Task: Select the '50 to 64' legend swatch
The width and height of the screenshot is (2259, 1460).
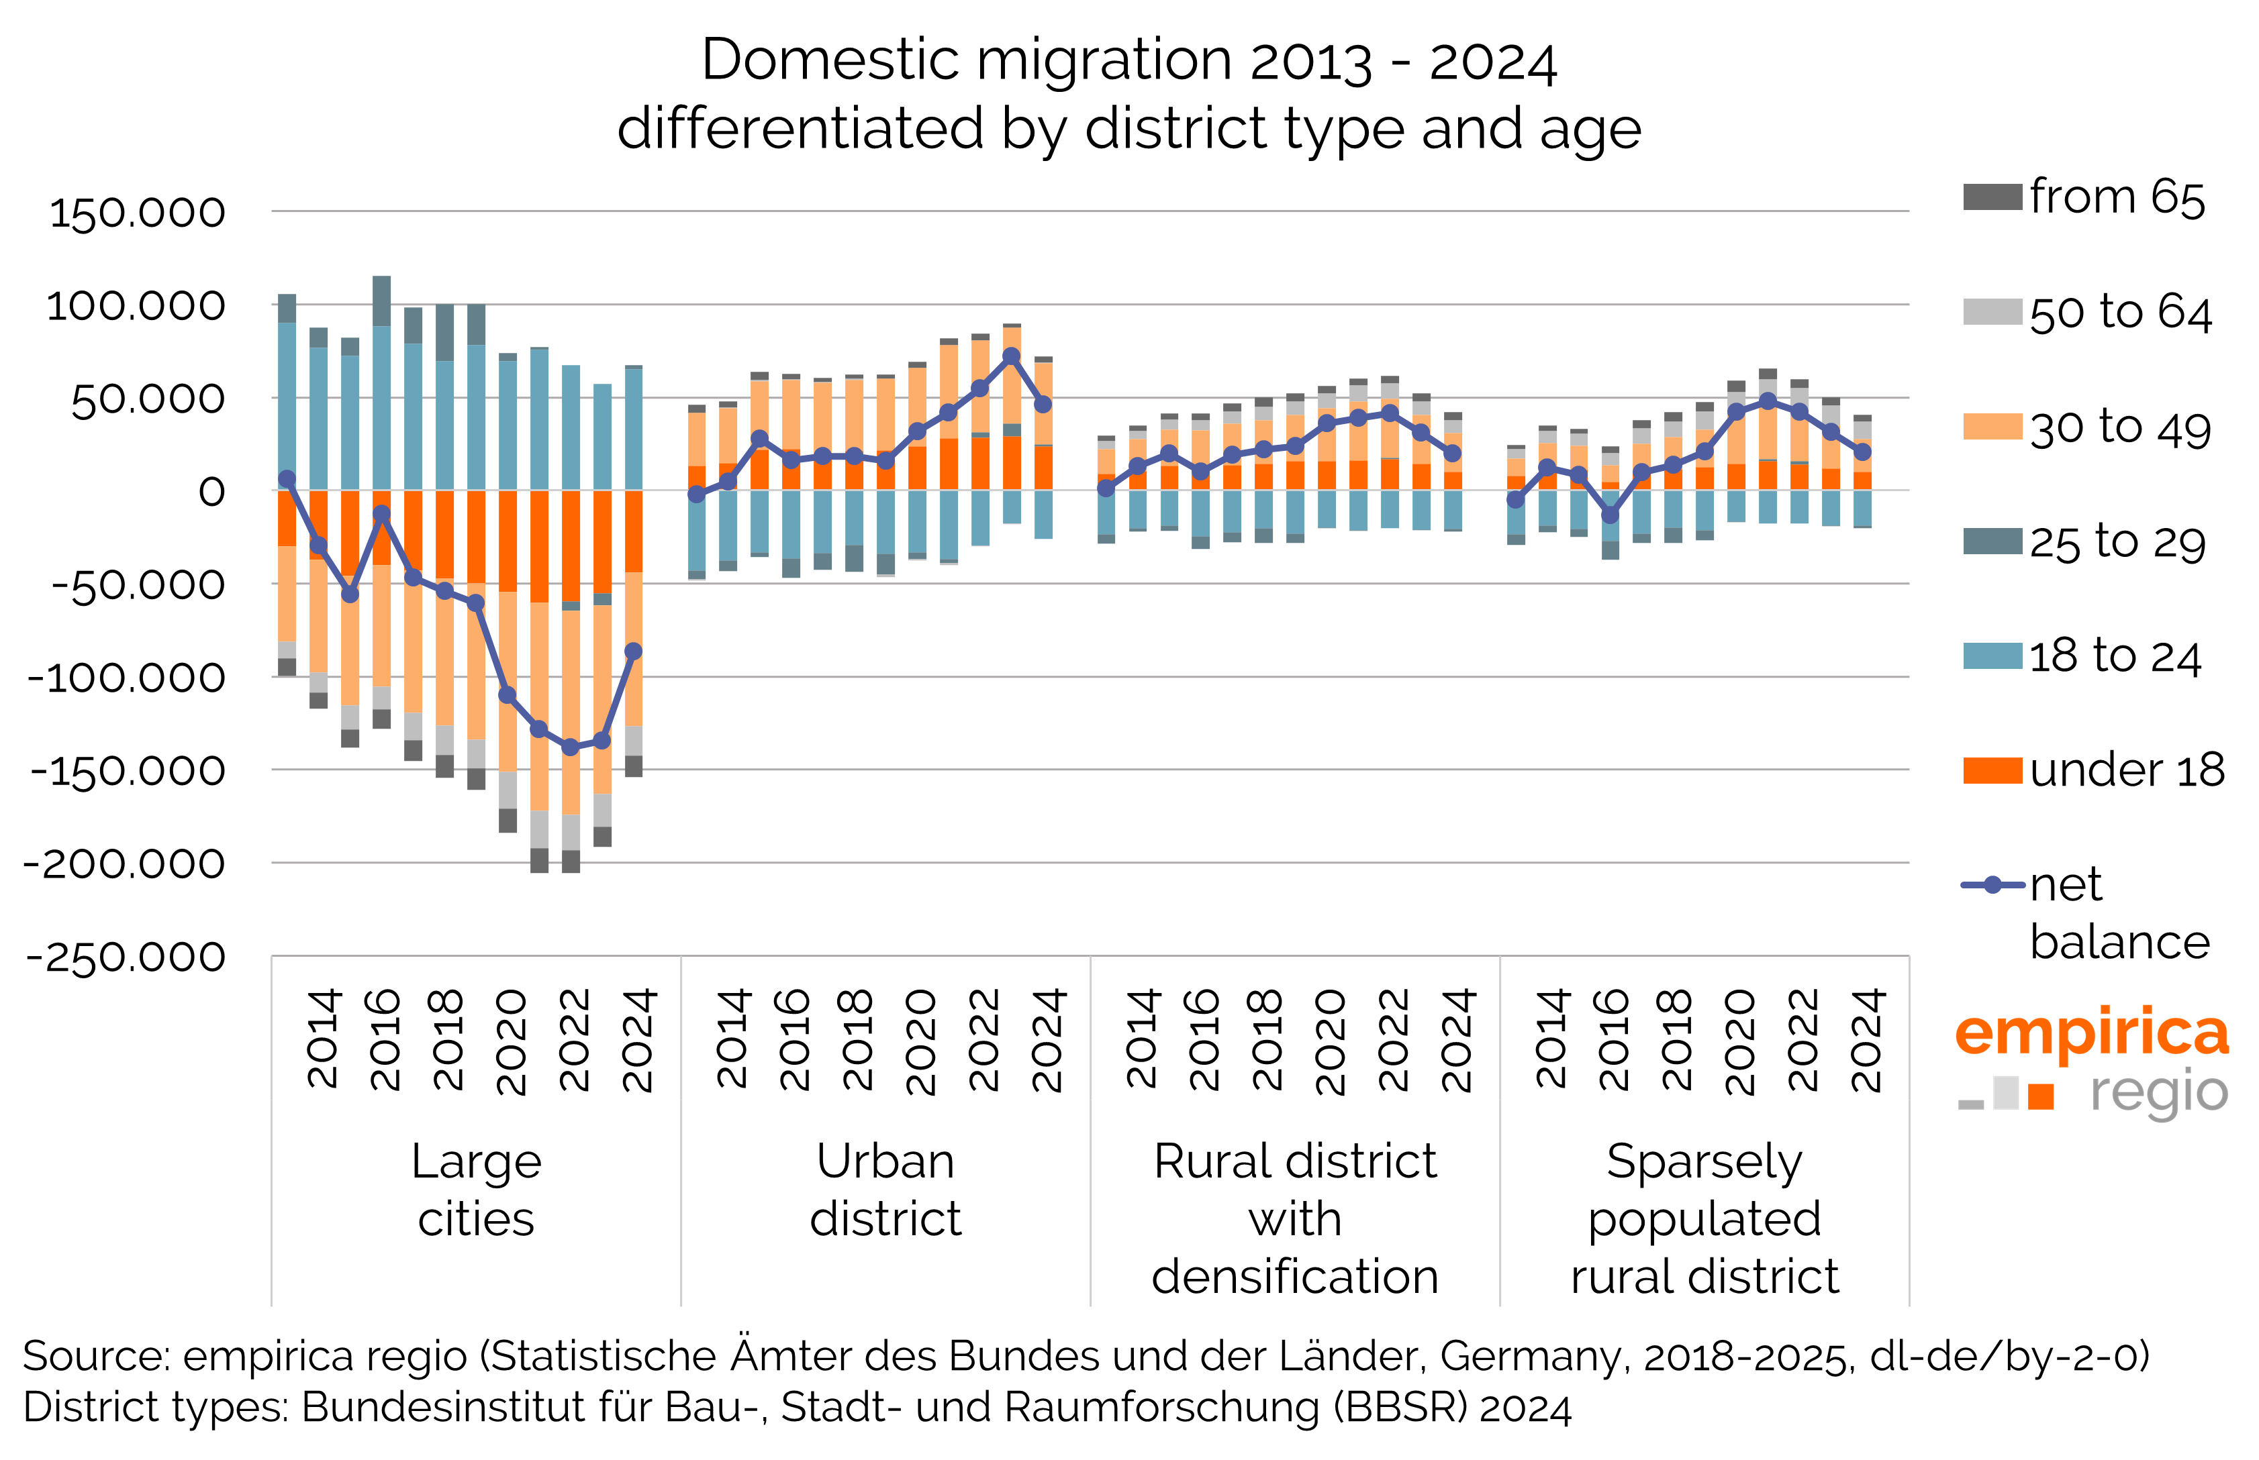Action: coord(1992,312)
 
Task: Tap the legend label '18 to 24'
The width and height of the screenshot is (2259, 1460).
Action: coord(2114,656)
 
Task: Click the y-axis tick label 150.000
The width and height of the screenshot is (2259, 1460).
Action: coord(138,213)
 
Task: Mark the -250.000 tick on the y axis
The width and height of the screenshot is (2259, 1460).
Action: coord(126,957)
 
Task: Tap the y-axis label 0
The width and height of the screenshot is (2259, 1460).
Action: coord(211,491)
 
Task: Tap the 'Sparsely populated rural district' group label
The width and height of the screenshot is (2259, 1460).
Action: coord(1704,1218)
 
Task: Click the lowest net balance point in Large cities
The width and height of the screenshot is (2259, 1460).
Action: coord(570,747)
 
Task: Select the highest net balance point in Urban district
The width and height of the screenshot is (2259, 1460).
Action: coord(1011,356)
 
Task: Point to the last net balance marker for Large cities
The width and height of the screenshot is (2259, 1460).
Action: coord(634,651)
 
